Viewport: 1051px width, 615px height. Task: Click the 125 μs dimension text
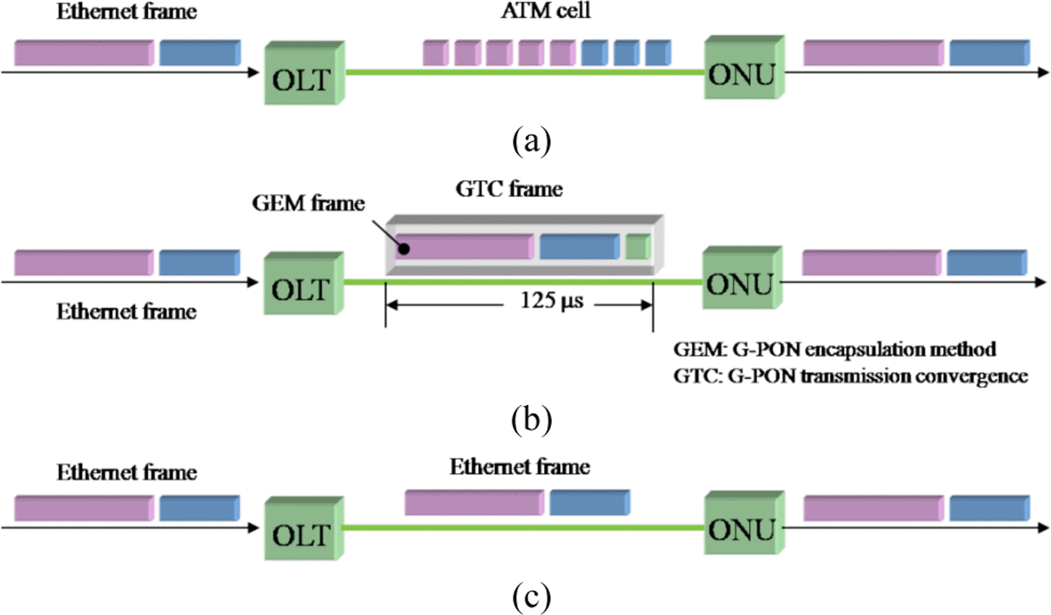(x=541, y=303)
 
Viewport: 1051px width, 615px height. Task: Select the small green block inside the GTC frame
(x=638, y=247)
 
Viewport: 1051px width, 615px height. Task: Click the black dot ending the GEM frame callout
(x=400, y=249)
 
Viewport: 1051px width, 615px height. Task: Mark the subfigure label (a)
(x=532, y=143)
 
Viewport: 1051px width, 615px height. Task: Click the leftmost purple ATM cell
(x=435, y=54)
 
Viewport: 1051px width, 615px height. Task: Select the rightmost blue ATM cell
(x=655, y=54)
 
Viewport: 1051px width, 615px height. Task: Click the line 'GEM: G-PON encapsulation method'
(x=834, y=350)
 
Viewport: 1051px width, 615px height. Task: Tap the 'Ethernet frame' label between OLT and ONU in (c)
(x=520, y=467)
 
